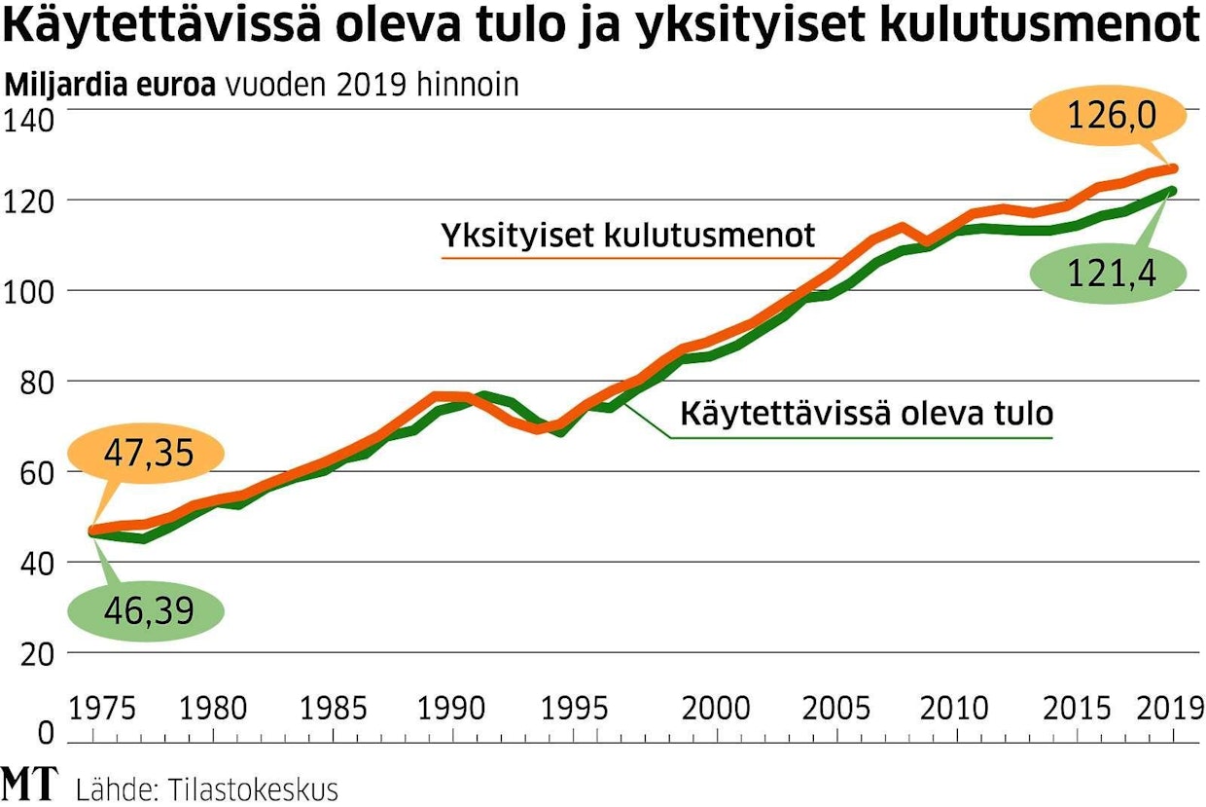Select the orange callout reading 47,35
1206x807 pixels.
(x=144, y=453)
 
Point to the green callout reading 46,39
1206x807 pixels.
(x=144, y=610)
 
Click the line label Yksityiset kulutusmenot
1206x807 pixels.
(x=627, y=236)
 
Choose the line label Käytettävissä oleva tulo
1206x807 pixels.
(x=866, y=413)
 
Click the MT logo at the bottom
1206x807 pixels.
(x=29, y=785)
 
